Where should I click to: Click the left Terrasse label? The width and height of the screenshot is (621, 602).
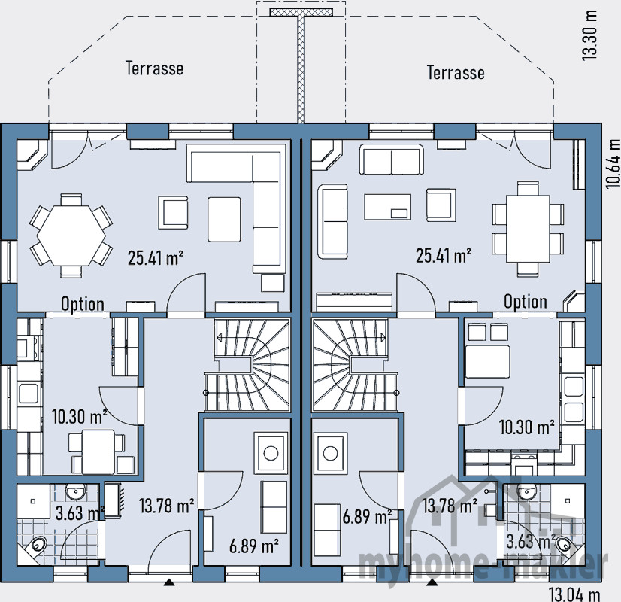(153, 68)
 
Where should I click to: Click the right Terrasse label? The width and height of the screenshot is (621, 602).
(456, 72)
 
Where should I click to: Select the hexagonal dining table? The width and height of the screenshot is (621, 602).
(68, 233)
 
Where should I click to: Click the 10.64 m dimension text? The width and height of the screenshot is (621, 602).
(612, 161)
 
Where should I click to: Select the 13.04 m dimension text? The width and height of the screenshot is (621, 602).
(575, 594)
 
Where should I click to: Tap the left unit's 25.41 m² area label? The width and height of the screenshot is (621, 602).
(156, 258)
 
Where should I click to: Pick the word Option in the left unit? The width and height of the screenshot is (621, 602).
(83, 304)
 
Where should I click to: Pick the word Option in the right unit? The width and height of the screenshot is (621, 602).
(526, 302)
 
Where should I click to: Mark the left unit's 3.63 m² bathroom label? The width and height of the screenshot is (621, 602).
(78, 514)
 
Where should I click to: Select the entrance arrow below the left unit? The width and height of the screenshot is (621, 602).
(168, 582)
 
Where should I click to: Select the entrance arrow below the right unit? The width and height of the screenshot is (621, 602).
(432, 582)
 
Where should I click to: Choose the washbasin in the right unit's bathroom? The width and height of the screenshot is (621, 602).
(526, 491)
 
